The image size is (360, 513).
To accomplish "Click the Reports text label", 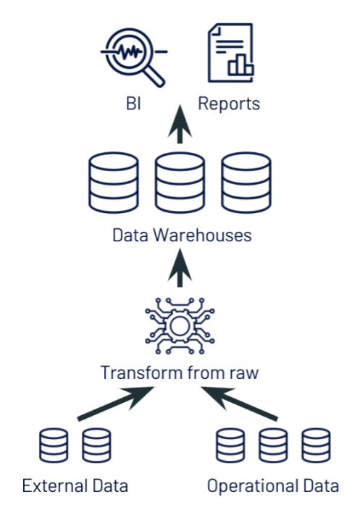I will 229,104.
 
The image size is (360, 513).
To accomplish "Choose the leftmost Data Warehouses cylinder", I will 113,184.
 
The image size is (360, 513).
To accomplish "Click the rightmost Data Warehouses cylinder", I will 246,184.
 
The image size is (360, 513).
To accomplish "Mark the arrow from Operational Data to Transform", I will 241,404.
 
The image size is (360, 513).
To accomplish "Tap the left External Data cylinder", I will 54,446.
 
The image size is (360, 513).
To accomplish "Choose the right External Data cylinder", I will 96,446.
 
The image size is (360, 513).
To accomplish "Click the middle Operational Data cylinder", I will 273,446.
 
